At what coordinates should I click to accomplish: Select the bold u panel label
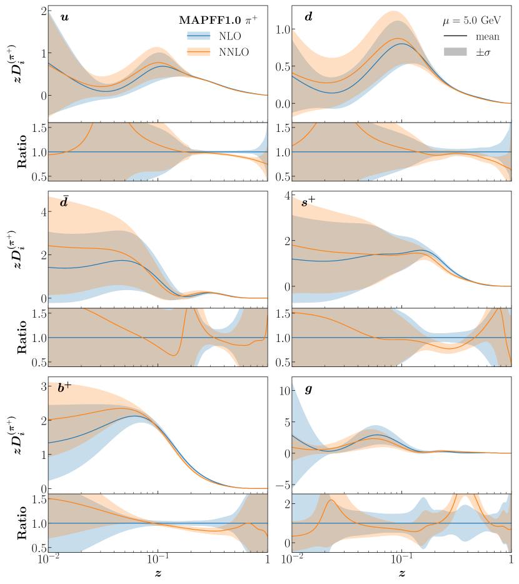[64, 16]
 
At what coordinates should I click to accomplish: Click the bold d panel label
[308, 16]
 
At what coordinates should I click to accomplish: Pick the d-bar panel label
[64, 201]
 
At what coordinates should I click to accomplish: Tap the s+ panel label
[310, 201]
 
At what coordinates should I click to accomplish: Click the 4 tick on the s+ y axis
[283, 195]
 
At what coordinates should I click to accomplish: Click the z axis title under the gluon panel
[401, 573]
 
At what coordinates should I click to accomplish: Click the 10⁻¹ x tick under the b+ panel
[157, 560]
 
